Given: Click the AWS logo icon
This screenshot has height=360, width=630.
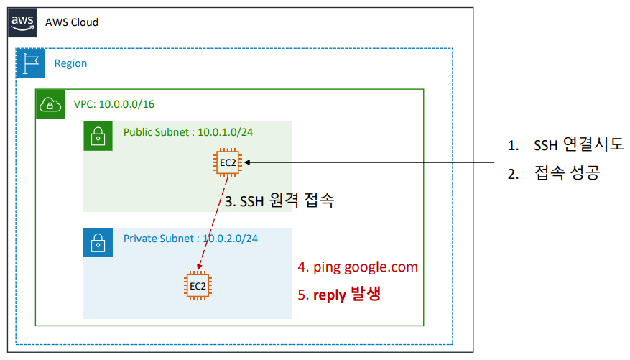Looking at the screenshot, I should (22, 22).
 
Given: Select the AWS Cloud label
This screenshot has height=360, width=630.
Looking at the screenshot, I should (72, 22).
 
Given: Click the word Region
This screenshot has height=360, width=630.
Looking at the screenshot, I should (70, 63).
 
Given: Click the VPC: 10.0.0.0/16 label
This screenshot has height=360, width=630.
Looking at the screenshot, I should (114, 104).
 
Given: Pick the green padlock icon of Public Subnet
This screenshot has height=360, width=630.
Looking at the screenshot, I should (98, 136).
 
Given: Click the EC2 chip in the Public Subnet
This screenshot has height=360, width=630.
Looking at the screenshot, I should (228, 163).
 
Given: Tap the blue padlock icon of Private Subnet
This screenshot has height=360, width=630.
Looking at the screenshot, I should (98, 243).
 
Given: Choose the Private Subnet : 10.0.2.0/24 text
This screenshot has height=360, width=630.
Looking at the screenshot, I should (190, 239).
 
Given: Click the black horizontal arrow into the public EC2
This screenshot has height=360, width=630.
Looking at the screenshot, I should (374, 163).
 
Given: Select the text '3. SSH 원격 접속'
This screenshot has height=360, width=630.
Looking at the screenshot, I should (279, 202).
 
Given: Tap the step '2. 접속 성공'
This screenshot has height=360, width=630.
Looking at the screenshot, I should (552, 173).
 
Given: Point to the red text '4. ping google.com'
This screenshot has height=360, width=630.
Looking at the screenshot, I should (358, 267).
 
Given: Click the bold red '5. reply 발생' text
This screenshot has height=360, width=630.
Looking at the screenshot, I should (339, 294).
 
